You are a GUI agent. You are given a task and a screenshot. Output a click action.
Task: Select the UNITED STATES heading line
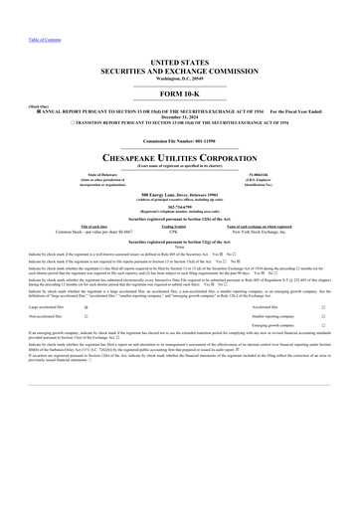(180, 62)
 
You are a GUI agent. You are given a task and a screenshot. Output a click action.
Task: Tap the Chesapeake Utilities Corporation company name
(180, 157)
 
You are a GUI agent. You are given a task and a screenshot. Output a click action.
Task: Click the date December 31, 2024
(180, 117)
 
